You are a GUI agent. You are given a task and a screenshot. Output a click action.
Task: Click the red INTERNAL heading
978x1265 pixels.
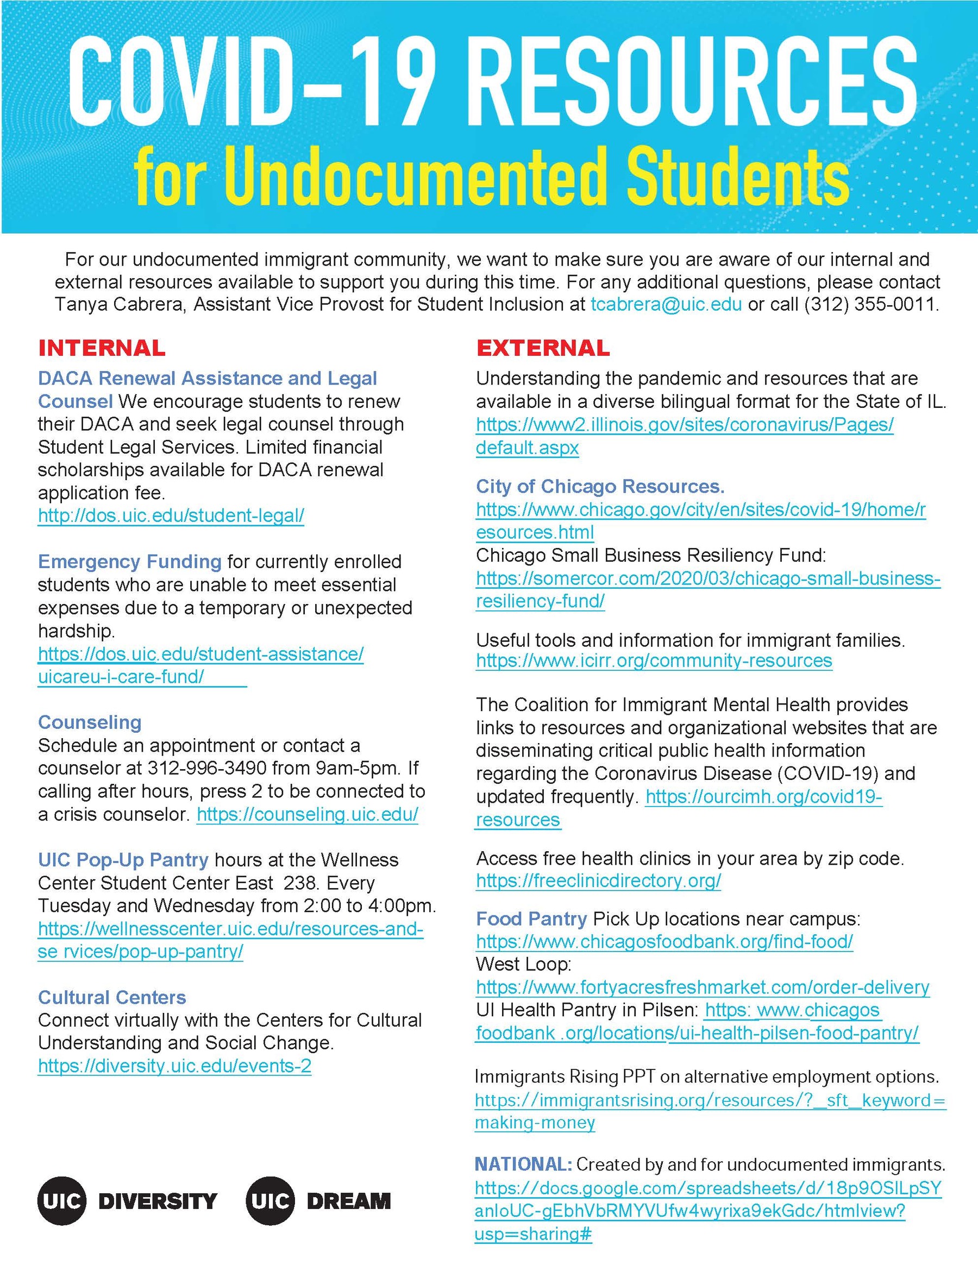[102, 348]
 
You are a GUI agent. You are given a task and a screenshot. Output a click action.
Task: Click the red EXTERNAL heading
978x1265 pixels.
[543, 348]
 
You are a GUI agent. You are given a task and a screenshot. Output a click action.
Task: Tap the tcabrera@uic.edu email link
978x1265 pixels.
[666, 305]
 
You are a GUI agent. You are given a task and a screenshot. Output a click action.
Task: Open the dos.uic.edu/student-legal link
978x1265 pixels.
[171, 515]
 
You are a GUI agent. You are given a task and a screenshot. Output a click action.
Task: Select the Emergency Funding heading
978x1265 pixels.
[129, 562]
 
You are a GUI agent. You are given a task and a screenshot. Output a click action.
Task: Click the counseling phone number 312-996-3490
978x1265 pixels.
[207, 769]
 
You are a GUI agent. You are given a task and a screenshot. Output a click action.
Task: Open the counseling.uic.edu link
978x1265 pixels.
[307, 814]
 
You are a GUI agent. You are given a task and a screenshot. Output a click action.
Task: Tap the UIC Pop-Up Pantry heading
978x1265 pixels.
[123, 860]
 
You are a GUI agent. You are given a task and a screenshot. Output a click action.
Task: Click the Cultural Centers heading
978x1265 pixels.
[112, 997]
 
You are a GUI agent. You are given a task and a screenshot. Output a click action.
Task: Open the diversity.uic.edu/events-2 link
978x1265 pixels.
[174, 1066]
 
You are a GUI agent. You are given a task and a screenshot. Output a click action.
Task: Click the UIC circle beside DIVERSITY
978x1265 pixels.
[61, 1201]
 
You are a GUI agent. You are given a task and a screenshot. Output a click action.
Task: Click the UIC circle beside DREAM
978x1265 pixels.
[270, 1201]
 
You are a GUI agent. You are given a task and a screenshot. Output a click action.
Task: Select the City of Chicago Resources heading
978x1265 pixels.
[600, 487]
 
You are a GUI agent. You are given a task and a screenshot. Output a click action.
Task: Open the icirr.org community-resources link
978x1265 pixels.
[654, 661]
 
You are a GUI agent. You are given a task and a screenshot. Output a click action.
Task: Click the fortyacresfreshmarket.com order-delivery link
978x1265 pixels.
[702, 987]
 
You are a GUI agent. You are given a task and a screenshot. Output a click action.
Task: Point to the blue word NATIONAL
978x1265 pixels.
[523, 1164]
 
